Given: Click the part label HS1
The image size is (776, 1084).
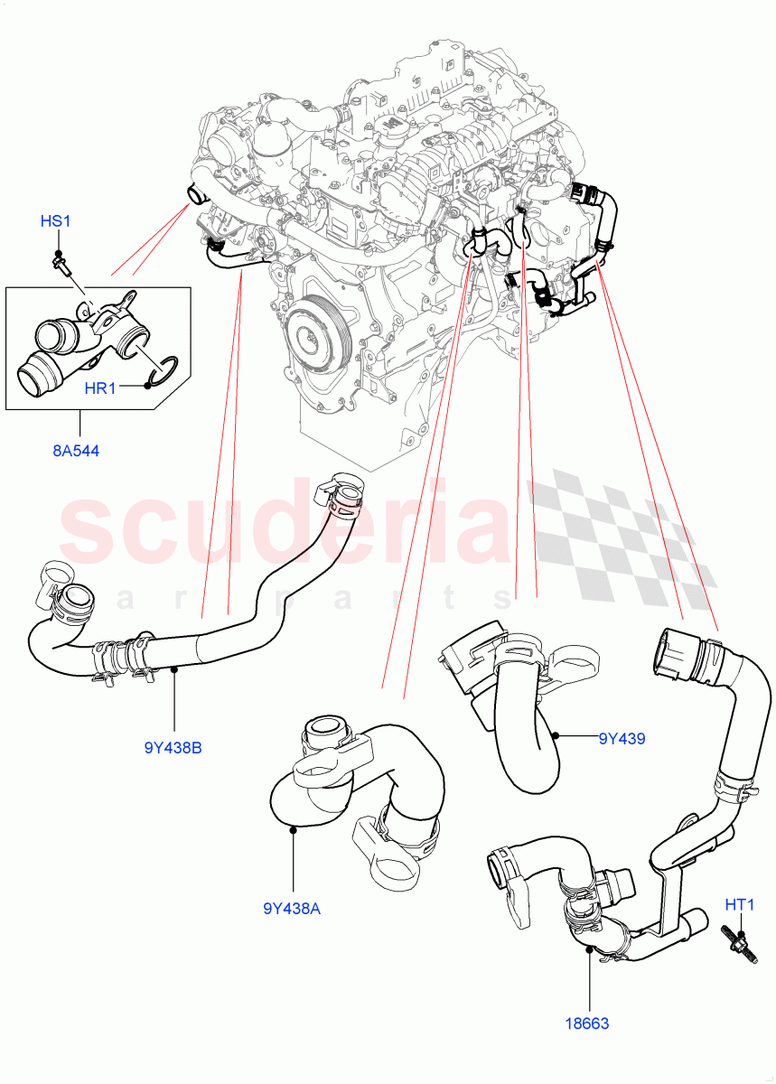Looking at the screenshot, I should click(55, 221).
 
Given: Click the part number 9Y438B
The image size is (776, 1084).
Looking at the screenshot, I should click(173, 747).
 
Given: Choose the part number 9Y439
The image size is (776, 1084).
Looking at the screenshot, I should click(622, 738).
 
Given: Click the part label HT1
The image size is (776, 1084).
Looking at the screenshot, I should click(740, 902).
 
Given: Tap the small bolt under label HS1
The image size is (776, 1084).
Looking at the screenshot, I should click(61, 263).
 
